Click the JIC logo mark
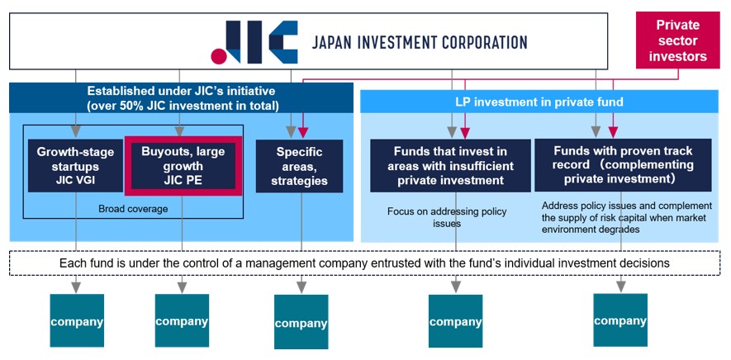point(254,41)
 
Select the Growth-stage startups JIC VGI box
point(74,165)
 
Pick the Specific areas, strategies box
point(300,165)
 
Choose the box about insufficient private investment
point(450,165)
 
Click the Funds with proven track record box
point(623,165)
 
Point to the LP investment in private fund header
point(539,102)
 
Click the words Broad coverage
point(133,209)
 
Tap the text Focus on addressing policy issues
point(447,217)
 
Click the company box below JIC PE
point(182,321)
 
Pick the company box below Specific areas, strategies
point(301,323)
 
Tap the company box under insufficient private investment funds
point(455,321)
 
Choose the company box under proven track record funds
point(620,320)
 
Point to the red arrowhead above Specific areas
point(302,132)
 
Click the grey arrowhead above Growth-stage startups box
point(76,131)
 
